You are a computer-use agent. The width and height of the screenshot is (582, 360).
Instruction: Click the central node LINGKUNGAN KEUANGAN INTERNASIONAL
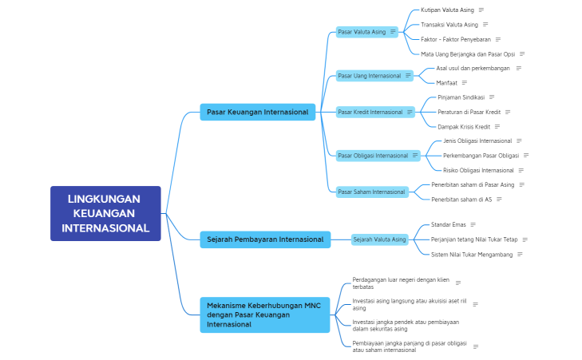pos(105,213)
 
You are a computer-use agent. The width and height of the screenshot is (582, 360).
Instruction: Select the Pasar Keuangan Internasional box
pos(257,112)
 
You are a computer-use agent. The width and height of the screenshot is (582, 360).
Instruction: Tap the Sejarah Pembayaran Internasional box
pos(264,239)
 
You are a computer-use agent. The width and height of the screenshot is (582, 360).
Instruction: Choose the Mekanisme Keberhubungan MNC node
pos(264,315)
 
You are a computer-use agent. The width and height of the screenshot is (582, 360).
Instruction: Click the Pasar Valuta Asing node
pos(362,32)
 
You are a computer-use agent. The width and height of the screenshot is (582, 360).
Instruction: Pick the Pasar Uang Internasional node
pos(369,76)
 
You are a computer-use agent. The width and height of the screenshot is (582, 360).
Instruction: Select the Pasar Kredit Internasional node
pos(370,112)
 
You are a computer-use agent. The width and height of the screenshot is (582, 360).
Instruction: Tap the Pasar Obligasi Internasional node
pos(373,156)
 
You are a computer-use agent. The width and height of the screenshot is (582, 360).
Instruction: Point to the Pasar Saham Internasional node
pos(371,192)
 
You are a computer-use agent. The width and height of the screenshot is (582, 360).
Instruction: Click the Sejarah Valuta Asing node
pos(379,239)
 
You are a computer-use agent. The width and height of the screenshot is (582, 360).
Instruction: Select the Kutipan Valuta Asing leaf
pos(447,10)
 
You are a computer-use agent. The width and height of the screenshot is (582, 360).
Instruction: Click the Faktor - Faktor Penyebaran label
pos(455,39)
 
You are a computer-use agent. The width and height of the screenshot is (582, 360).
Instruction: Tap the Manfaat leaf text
pos(446,82)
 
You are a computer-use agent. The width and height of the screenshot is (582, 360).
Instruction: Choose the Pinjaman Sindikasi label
pos(461,97)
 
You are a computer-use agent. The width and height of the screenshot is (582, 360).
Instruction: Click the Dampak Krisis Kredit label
pos(463,126)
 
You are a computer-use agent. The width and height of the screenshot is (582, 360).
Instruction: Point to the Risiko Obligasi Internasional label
pos(478,170)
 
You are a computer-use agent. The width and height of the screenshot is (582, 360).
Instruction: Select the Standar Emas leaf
pos(448,224)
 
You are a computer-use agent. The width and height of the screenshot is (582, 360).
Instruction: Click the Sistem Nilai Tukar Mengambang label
pos(471,254)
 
